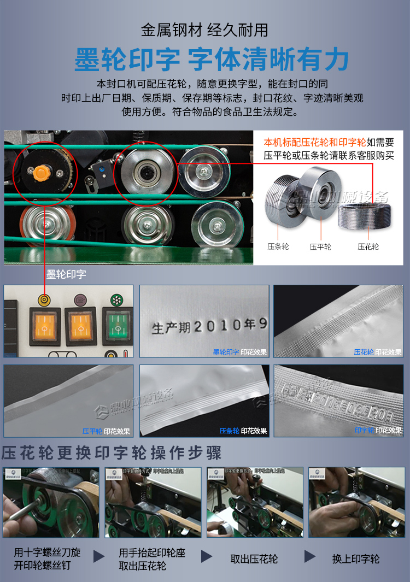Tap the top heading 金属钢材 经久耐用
(204, 30)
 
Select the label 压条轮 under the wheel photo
(278, 247)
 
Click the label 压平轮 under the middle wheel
(320, 247)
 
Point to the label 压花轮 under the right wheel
(368, 247)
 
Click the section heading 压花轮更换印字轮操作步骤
(112, 453)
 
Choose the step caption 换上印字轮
(356, 559)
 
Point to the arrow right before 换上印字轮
(310, 557)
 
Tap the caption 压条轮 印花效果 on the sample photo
(243, 431)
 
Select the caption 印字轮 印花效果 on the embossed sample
(378, 431)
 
